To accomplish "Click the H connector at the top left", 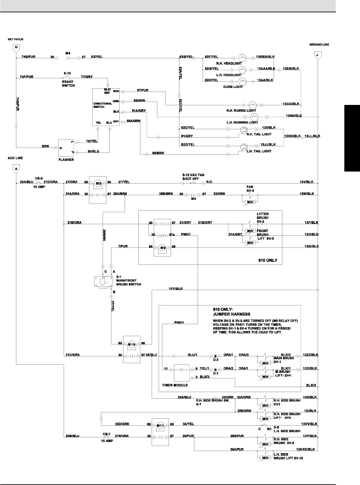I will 16,47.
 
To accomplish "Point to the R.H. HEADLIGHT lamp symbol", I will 242,57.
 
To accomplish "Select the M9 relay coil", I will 163,247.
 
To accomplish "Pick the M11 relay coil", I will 161,425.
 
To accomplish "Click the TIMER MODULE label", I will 175,385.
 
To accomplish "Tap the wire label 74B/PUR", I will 28,57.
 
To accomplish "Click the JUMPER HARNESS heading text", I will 232,314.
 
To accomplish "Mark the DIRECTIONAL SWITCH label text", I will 103,105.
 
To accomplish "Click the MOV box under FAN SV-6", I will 250,202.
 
